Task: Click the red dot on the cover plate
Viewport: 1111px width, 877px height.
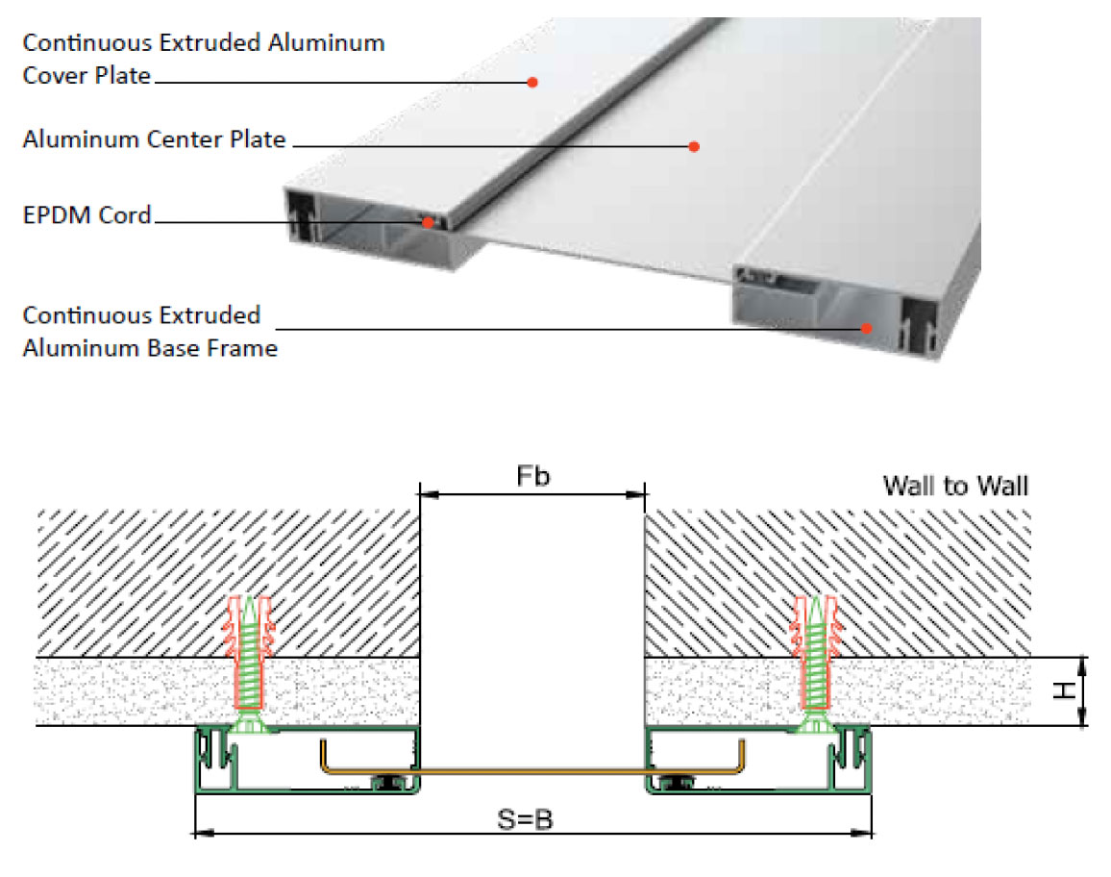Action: click(x=532, y=83)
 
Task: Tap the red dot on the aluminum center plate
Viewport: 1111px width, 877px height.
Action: click(x=694, y=147)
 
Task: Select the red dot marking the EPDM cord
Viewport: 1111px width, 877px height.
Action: click(x=428, y=223)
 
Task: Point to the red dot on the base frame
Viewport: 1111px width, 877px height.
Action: click(x=866, y=328)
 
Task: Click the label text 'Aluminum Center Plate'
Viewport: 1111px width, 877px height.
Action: click(x=155, y=139)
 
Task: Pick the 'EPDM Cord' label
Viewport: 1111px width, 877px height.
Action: click(x=87, y=214)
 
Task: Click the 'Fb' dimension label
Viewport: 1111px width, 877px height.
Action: click(x=532, y=476)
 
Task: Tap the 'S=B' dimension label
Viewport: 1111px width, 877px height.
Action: click(x=525, y=819)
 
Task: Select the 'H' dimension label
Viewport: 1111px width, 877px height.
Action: click(x=1063, y=690)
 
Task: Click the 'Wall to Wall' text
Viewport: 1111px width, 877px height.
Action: click(x=956, y=487)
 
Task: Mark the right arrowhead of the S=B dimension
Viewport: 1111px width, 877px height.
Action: click(x=862, y=833)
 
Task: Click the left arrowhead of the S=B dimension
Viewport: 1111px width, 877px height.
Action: click(x=204, y=833)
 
